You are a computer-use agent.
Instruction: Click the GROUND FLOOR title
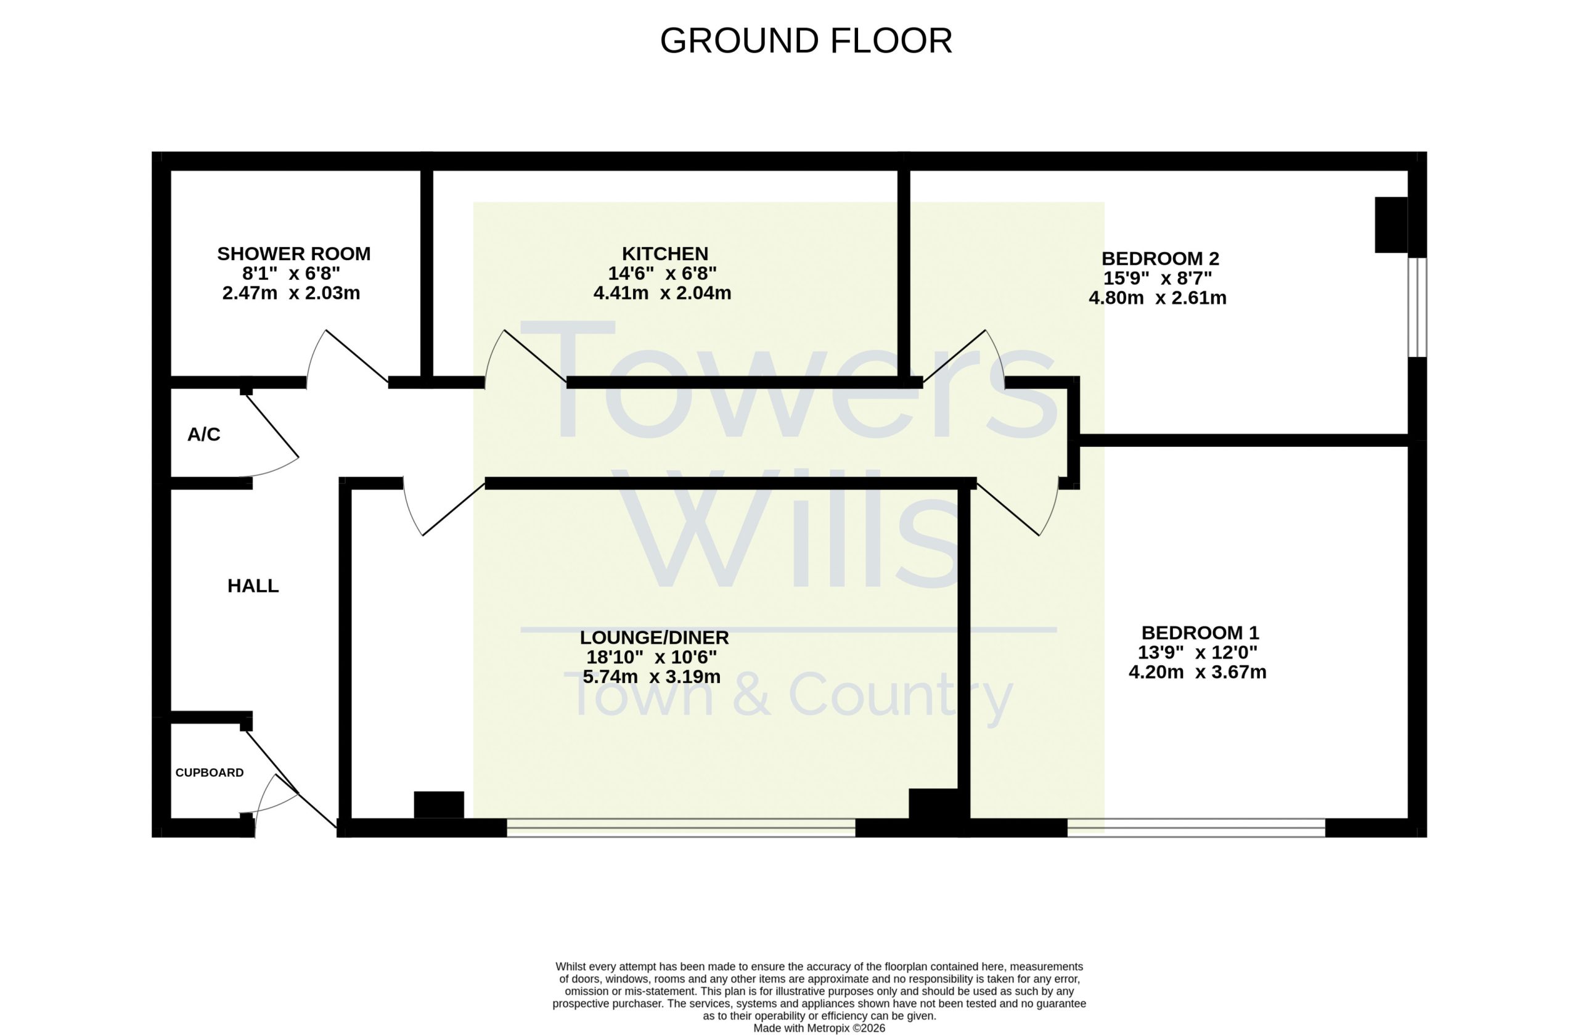806,41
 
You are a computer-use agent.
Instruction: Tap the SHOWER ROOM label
294,253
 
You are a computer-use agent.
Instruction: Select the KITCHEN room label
665,253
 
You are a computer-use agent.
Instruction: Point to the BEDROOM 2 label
1160,258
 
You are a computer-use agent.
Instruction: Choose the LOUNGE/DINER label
655,637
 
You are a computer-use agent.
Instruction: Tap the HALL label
253,586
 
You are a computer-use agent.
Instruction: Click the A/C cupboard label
203,435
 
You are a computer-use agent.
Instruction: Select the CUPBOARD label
210,772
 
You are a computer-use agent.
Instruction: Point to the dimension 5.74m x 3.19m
651,676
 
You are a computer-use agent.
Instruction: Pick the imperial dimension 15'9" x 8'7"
1158,278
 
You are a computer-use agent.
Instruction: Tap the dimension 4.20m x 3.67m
1198,672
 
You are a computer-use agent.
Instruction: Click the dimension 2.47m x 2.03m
291,292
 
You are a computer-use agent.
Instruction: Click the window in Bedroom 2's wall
1417,307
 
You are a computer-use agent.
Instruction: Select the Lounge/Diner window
681,827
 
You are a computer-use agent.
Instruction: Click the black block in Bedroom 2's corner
1391,225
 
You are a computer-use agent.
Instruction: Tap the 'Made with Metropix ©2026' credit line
819,1028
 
